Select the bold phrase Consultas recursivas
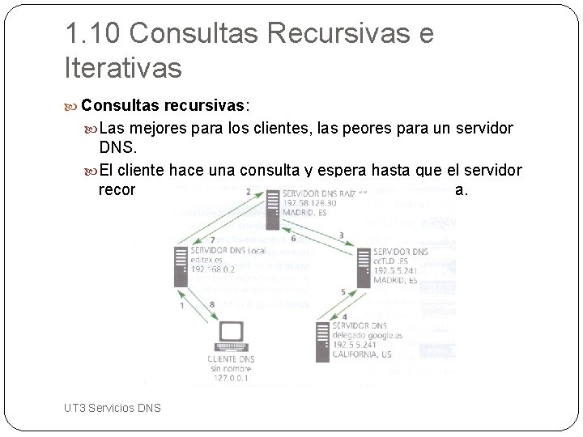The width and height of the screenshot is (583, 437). [165, 105]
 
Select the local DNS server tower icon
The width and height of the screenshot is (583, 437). [178, 265]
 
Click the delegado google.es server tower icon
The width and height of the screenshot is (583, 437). [321, 340]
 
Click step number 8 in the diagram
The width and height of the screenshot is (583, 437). [212, 304]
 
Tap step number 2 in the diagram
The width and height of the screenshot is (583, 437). [248, 191]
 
